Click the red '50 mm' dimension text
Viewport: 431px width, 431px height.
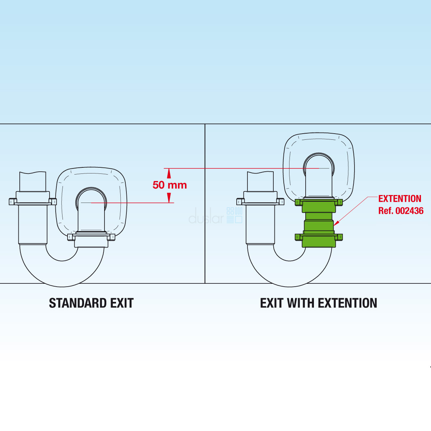pyautogui.click(x=170, y=185)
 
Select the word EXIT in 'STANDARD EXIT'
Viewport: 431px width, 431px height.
pyautogui.click(x=122, y=303)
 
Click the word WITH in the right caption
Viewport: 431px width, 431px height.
pyautogui.click(x=301, y=303)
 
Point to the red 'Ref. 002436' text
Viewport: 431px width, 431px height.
pyautogui.click(x=401, y=211)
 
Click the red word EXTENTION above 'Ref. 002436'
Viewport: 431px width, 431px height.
pyautogui.click(x=400, y=199)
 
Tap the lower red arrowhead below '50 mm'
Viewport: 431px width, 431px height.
pyautogui.click(x=169, y=198)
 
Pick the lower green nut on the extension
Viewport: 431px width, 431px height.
pyautogui.click(x=319, y=237)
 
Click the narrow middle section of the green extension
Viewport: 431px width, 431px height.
pyautogui.click(x=319, y=217)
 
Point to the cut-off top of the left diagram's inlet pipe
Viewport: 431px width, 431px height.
pyautogui.click(x=33, y=174)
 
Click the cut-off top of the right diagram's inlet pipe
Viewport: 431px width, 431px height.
pyautogui.click(x=260, y=174)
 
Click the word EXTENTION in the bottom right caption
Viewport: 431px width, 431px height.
pyautogui.click(x=348, y=303)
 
